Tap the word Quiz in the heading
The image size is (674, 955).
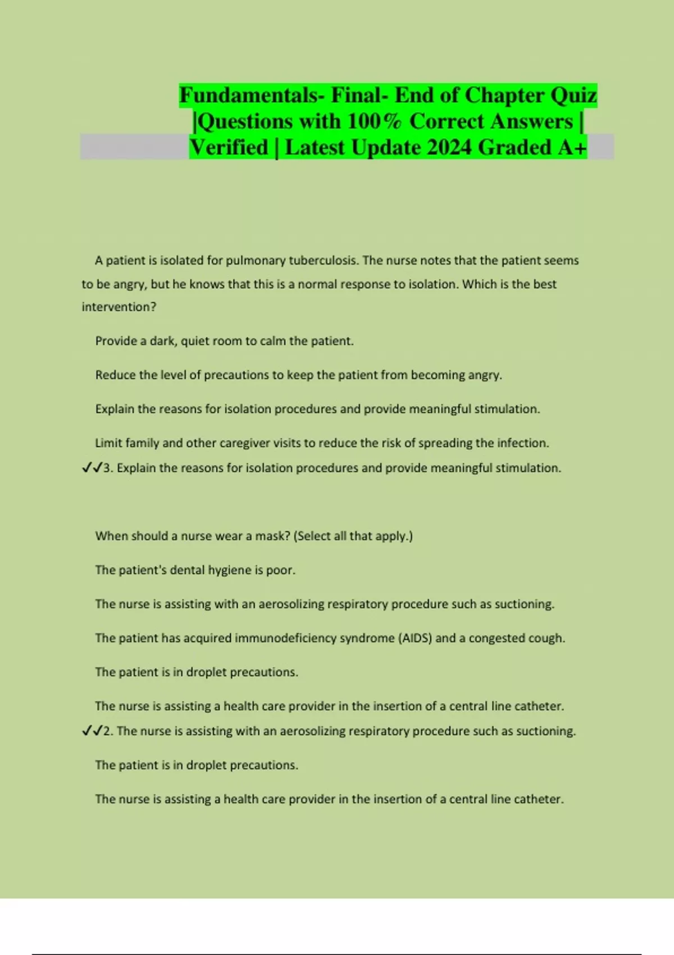point(573,95)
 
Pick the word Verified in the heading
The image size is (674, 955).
point(229,148)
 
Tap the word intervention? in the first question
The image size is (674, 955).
point(119,307)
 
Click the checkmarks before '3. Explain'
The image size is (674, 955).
point(92,468)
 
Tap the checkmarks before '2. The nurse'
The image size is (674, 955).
point(92,731)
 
